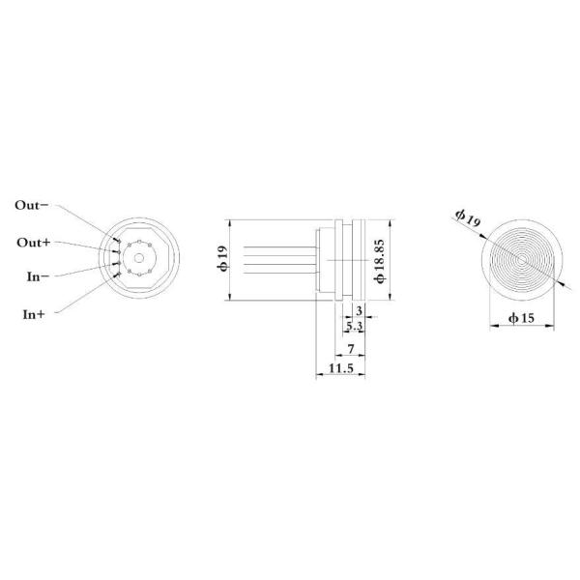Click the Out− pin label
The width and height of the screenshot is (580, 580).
(x=36, y=205)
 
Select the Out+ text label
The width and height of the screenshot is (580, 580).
(x=36, y=242)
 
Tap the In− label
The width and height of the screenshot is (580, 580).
(x=38, y=276)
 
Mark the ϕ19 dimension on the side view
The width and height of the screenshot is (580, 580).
(x=221, y=258)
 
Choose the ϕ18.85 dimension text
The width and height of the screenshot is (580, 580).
(x=381, y=258)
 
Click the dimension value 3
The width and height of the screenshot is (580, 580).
(x=359, y=310)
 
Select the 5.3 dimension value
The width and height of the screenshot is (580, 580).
(x=354, y=328)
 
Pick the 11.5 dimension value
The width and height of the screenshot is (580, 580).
(x=340, y=369)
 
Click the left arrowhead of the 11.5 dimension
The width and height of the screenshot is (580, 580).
(x=318, y=376)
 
